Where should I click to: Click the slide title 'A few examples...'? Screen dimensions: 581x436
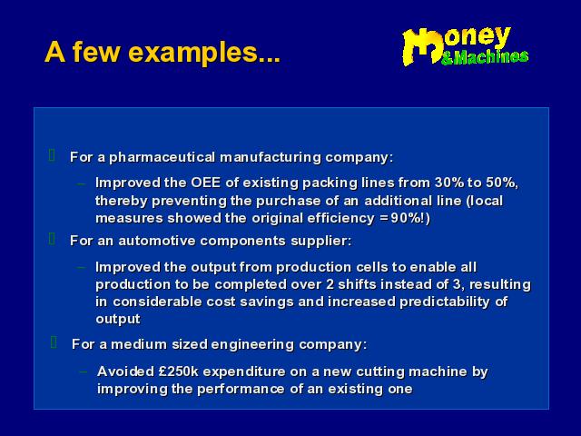[x=162, y=53]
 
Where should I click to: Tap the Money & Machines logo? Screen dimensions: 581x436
[x=466, y=46]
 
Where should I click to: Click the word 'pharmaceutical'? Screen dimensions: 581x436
[x=162, y=157]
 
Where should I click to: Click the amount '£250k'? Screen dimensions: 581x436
[x=178, y=372]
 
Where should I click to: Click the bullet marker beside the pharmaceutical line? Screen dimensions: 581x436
[x=53, y=155]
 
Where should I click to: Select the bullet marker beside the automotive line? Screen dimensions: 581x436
[x=53, y=239]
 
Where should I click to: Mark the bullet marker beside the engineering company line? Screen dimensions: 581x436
[x=54, y=342]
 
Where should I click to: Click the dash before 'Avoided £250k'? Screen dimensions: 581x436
[x=84, y=372]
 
